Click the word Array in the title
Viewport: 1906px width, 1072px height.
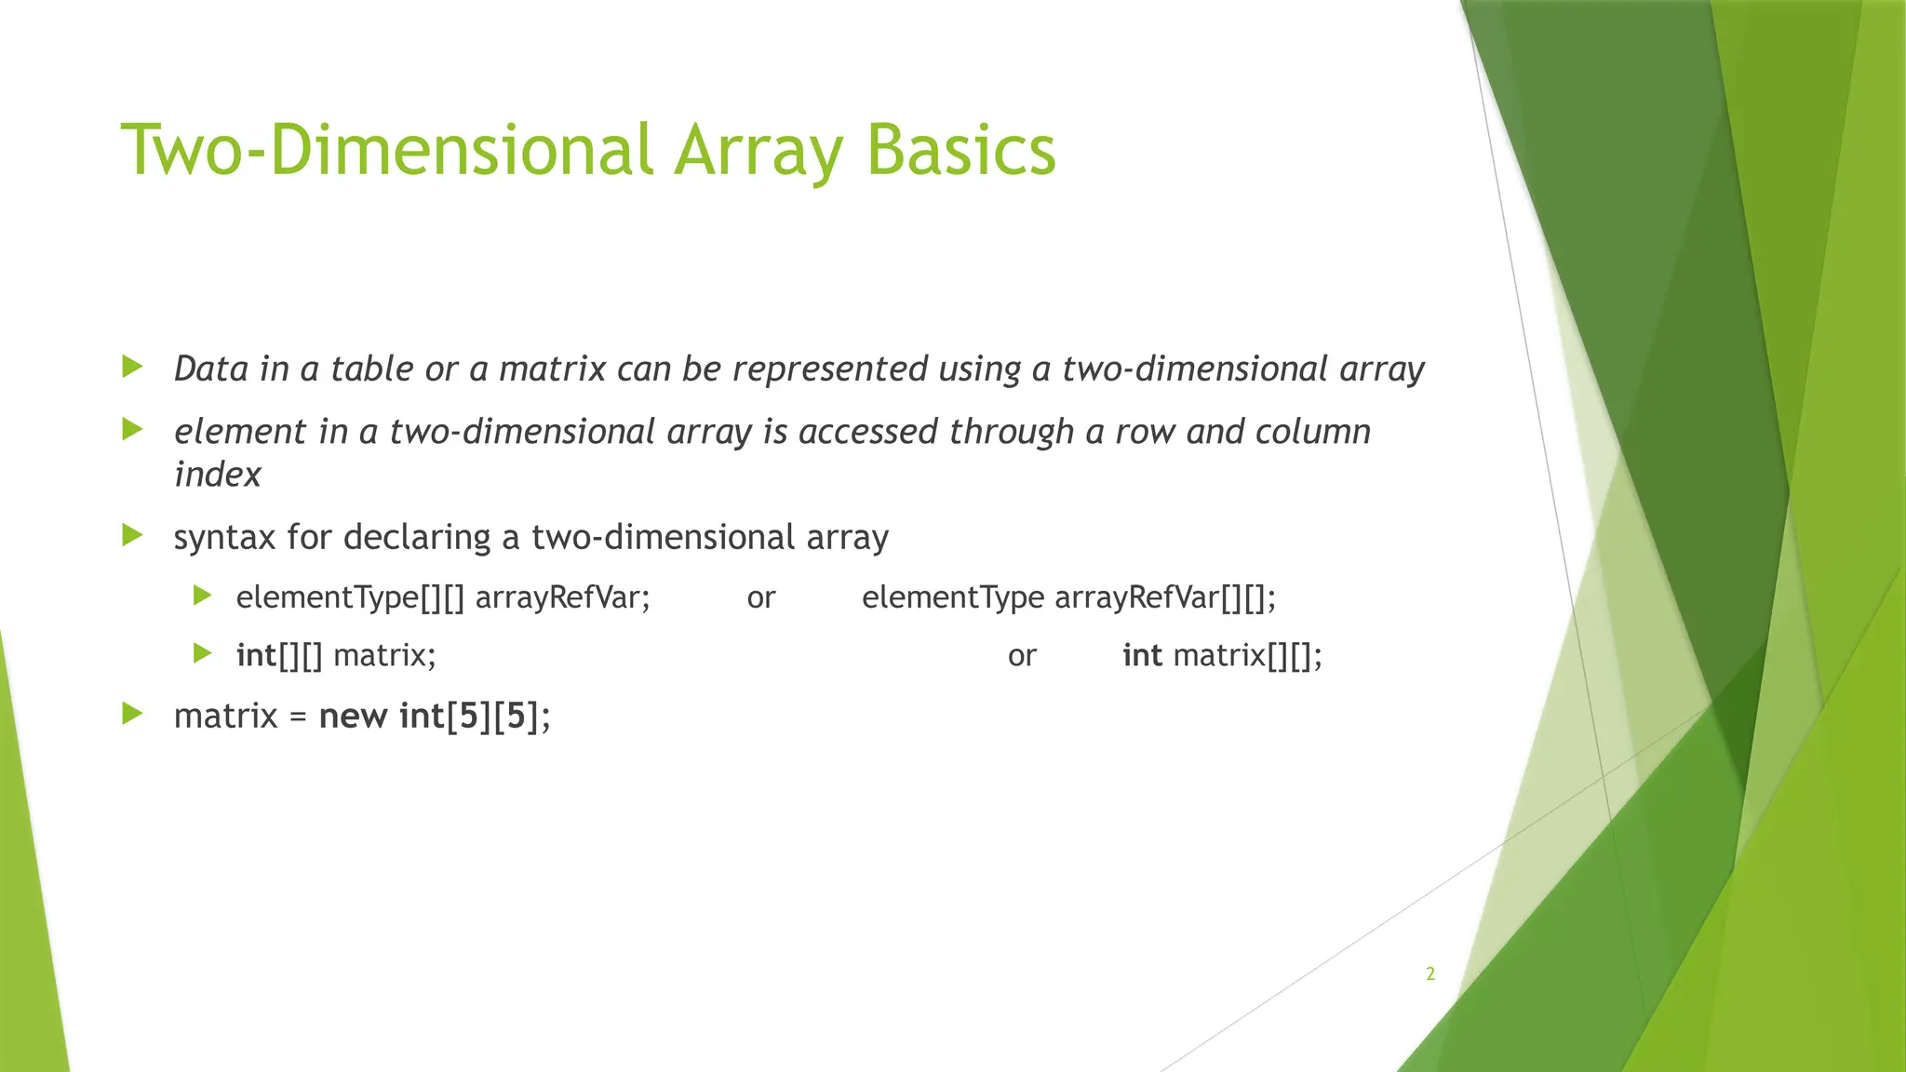(x=758, y=151)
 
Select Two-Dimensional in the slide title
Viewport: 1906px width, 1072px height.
(x=386, y=151)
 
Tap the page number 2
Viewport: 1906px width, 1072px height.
(x=1430, y=974)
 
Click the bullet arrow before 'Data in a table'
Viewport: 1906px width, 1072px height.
(x=132, y=367)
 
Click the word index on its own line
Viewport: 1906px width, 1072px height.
(x=217, y=475)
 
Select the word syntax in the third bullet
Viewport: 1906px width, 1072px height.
(x=223, y=538)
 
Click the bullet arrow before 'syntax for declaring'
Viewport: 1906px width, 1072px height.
(x=132, y=535)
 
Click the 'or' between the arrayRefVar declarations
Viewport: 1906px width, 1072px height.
(x=760, y=597)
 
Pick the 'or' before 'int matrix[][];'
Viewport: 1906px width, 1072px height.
(x=1021, y=656)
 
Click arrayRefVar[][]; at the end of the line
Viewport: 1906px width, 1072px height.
(x=1165, y=597)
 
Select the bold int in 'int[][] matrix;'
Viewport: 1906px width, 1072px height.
(x=256, y=656)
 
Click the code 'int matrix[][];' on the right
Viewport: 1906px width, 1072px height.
(x=1222, y=656)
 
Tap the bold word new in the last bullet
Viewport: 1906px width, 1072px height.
(x=353, y=717)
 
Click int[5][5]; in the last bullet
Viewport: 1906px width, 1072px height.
(x=475, y=717)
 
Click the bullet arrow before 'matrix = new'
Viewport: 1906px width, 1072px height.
(x=132, y=714)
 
